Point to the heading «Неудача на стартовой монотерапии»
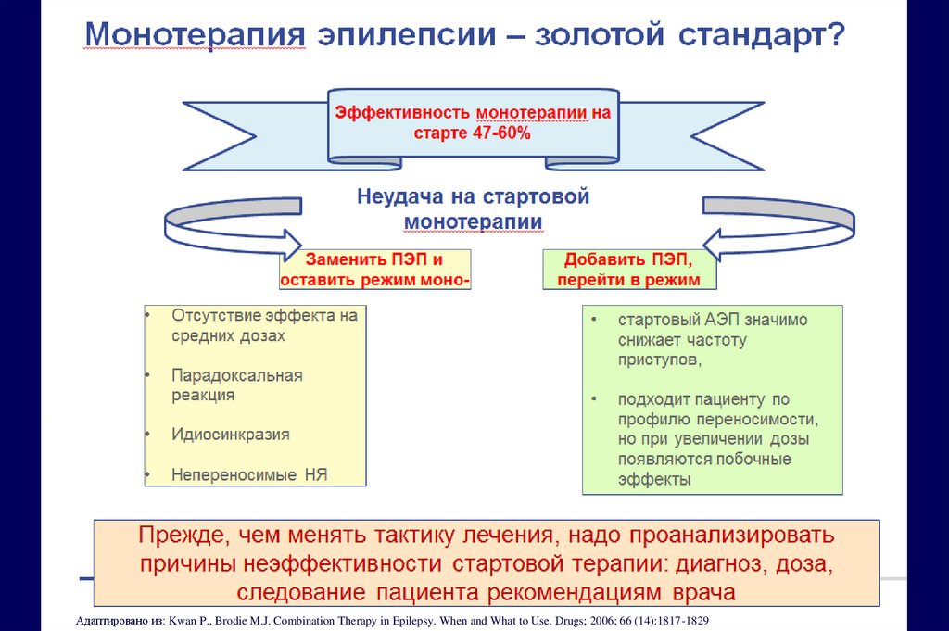pos(474,209)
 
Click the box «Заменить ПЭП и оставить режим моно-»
pos(374,269)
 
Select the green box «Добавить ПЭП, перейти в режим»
pos(622,269)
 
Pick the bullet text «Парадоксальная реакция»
pos(236,385)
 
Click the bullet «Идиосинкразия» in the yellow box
pos(230,434)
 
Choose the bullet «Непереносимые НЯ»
pos(249,475)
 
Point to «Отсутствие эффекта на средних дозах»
pos(263,325)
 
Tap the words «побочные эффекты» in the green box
pos(704,469)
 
